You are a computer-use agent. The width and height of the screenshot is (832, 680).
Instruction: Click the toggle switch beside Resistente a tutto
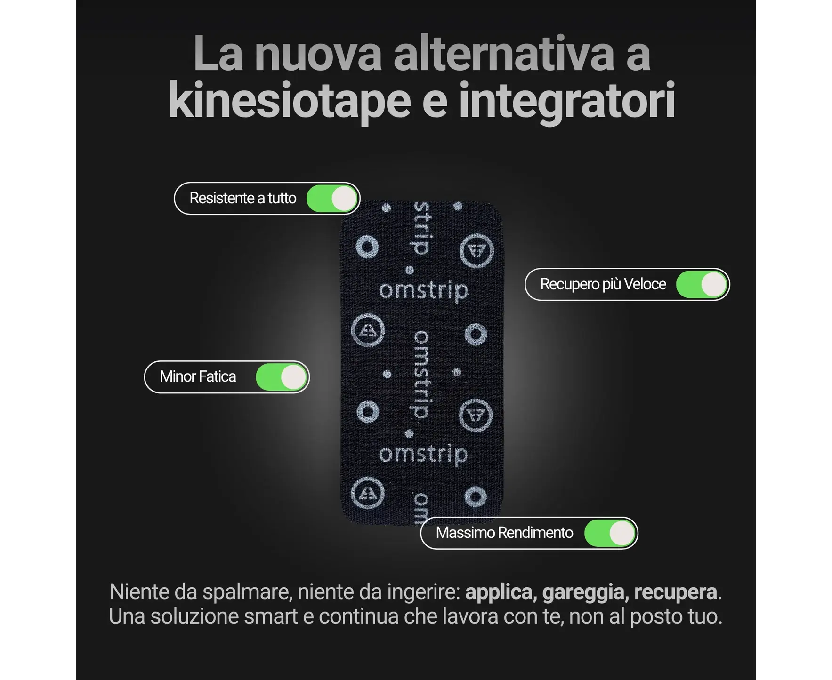[332, 199]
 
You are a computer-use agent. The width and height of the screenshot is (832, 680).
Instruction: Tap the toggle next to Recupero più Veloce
[702, 285]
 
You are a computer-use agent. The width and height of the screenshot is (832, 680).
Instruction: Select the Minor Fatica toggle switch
[282, 377]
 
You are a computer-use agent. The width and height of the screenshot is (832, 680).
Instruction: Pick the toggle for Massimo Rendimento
[610, 533]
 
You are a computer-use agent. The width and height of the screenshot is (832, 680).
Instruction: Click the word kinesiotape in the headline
[290, 101]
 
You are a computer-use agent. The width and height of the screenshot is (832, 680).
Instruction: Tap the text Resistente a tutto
[242, 198]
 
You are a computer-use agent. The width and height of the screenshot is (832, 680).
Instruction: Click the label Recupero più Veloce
[603, 284]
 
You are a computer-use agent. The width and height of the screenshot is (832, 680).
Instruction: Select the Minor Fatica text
[198, 376]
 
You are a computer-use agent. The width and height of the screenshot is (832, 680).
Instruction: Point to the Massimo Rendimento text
[504, 533]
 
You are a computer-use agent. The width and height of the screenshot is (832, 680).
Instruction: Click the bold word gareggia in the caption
[583, 592]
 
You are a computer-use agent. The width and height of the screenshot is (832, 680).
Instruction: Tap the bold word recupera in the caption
[675, 592]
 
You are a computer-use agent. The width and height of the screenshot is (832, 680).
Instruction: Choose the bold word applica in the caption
[501, 592]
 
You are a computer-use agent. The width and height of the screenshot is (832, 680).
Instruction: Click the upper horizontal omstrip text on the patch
[423, 291]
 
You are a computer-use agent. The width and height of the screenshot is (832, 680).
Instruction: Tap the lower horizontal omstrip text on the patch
[423, 455]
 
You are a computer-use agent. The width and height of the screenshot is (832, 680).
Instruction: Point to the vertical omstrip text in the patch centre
[421, 374]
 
